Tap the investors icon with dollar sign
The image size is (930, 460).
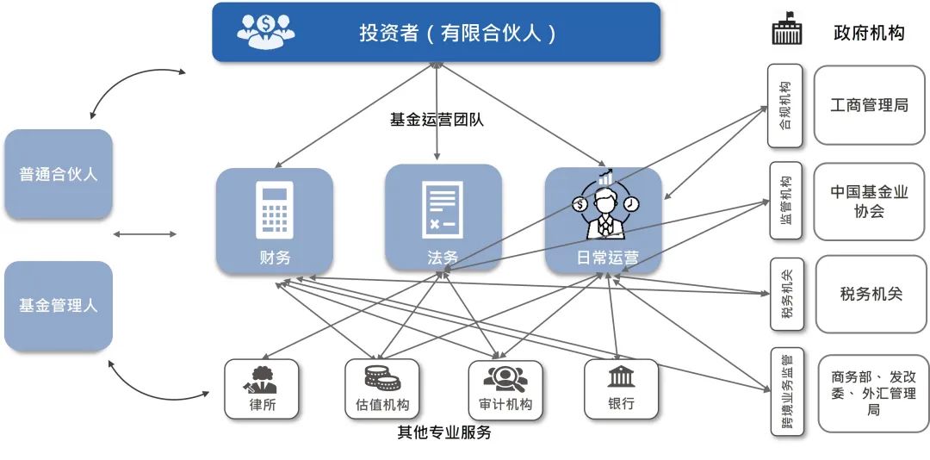point(266,32)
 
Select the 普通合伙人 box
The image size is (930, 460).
point(59,174)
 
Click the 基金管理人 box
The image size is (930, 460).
point(59,306)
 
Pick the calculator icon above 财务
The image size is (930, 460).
point(274,209)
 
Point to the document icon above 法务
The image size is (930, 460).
point(442,209)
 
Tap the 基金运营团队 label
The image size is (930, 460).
point(437,120)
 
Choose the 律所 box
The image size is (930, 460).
point(262,389)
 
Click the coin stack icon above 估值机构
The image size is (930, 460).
point(382,377)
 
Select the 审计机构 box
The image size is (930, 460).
point(505,389)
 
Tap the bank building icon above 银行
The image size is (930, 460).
point(621,376)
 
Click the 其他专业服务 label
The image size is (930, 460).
point(444,432)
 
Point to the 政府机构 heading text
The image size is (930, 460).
point(869,34)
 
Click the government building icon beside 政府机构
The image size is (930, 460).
point(787,31)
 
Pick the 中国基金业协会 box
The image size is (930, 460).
point(870,202)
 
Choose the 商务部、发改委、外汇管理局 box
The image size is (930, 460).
point(873,393)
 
